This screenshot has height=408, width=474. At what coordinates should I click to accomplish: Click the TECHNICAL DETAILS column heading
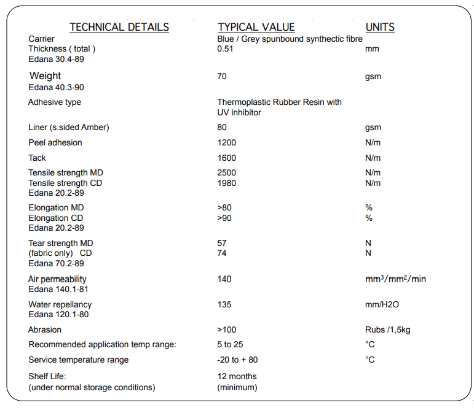pyautogui.click(x=119, y=27)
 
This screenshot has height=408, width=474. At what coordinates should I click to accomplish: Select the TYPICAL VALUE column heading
pyautogui.click(x=256, y=27)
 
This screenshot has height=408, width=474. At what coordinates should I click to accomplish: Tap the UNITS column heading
pyautogui.click(x=380, y=27)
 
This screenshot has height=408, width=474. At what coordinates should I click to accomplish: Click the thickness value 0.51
pyautogui.click(x=225, y=49)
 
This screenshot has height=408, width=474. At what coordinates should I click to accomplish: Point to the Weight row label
pyautogui.click(x=45, y=76)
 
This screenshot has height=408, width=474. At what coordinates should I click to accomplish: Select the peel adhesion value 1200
pyautogui.click(x=227, y=143)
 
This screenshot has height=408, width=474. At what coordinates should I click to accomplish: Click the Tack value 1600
pyautogui.click(x=227, y=158)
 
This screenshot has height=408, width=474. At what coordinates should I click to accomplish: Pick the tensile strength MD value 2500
pyautogui.click(x=227, y=173)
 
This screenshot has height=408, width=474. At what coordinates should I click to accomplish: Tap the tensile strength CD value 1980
pyautogui.click(x=227, y=183)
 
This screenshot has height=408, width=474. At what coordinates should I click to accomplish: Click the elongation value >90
pyautogui.click(x=224, y=218)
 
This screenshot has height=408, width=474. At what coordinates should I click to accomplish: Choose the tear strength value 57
pyautogui.click(x=222, y=243)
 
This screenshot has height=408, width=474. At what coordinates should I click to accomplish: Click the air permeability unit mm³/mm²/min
pyautogui.click(x=395, y=279)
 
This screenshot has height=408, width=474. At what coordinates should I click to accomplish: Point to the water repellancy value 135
pyautogui.click(x=224, y=304)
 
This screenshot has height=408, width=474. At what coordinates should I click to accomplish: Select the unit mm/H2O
pyautogui.click(x=382, y=304)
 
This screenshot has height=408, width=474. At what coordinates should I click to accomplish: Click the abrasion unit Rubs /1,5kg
pyautogui.click(x=388, y=330)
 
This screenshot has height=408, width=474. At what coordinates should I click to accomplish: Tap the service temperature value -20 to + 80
pyautogui.click(x=238, y=360)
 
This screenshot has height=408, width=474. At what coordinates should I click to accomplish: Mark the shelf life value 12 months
pyautogui.click(x=237, y=376)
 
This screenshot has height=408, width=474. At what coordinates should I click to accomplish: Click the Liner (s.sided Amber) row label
pyautogui.click(x=69, y=128)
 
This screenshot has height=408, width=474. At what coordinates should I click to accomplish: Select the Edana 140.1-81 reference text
pyautogui.click(x=58, y=289)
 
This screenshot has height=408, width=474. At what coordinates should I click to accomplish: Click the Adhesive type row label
pyautogui.click(x=55, y=102)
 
